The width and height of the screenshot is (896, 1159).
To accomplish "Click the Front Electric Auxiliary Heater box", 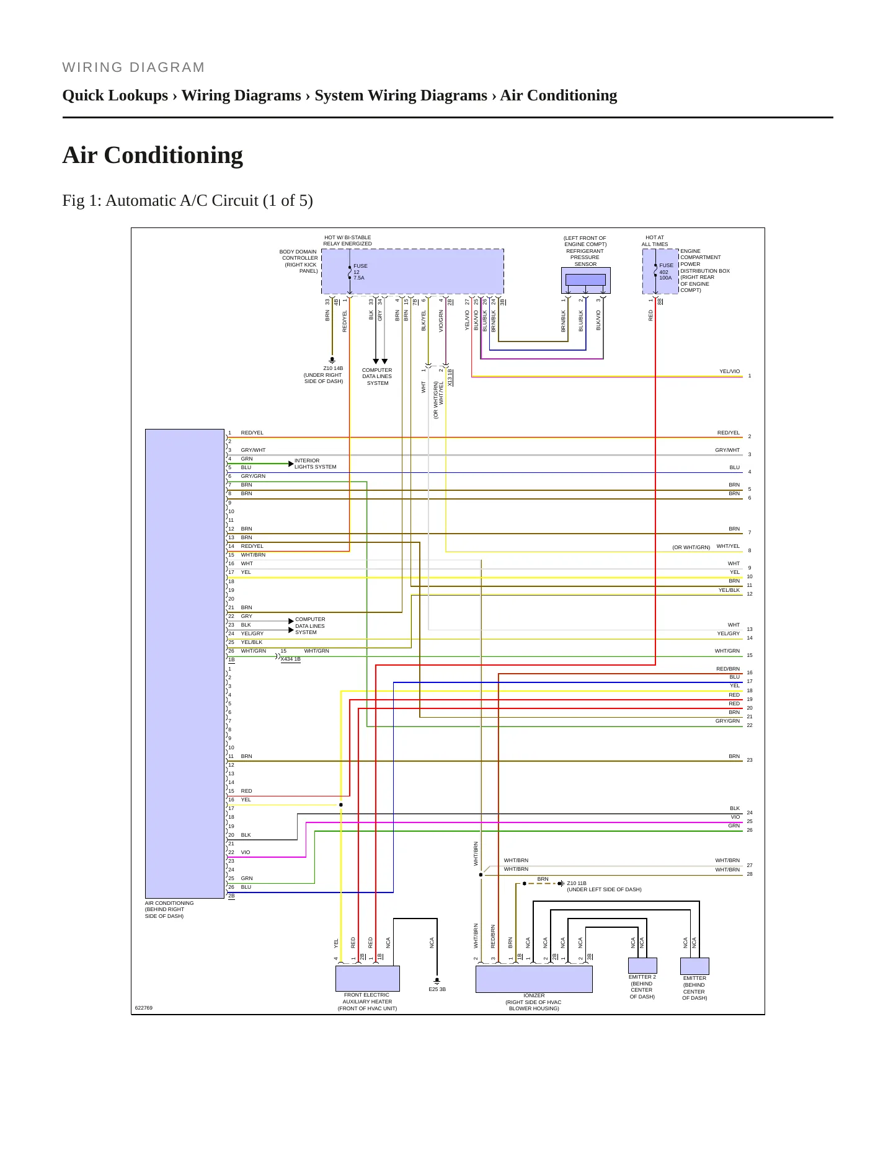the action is pyautogui.click(x=367, y=979).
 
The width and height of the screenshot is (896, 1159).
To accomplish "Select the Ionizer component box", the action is pyautogui.click(x=534, y=979).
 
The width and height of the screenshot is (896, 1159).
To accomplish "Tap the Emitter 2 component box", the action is pyautogui.click(x=642, y=966).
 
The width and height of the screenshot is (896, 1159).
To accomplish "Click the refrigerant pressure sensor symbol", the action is pyautogui.click(x=585, y=280).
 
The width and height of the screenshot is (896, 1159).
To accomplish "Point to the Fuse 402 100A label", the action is pyautogui.click(x=666, y=271).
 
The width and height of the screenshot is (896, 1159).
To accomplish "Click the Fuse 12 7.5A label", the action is pyautogui.click(x=360, y=271).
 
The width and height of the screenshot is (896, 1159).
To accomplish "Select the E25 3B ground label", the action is pyautogui.click(x=437, y=989).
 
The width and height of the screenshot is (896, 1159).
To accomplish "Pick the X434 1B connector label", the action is pyautogui.click(x=290, y=659).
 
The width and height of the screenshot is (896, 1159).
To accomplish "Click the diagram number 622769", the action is pyautogui.click(x=143, y=1008).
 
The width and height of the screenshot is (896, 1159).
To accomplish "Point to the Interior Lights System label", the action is pyautogui.click(x=316, y=464).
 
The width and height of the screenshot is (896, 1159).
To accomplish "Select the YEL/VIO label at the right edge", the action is pyautogui.click(x=729, y=371).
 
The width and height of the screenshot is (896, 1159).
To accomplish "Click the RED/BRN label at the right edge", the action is pyautogui.click(x=728, y=669).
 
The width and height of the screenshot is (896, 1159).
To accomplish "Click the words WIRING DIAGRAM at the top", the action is pyautogui.click(x=133, y=67).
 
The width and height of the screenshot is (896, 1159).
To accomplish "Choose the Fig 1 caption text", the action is pyautogui.click(x=187, y=201).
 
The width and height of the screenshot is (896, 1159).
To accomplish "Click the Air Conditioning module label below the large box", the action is pyautogui.click(x=169, y=909).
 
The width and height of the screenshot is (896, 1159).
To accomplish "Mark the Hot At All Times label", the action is pyautogui.click(x=655, y=240).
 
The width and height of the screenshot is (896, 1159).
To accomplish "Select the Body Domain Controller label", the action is pyautogui.click(x=299, y=262).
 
